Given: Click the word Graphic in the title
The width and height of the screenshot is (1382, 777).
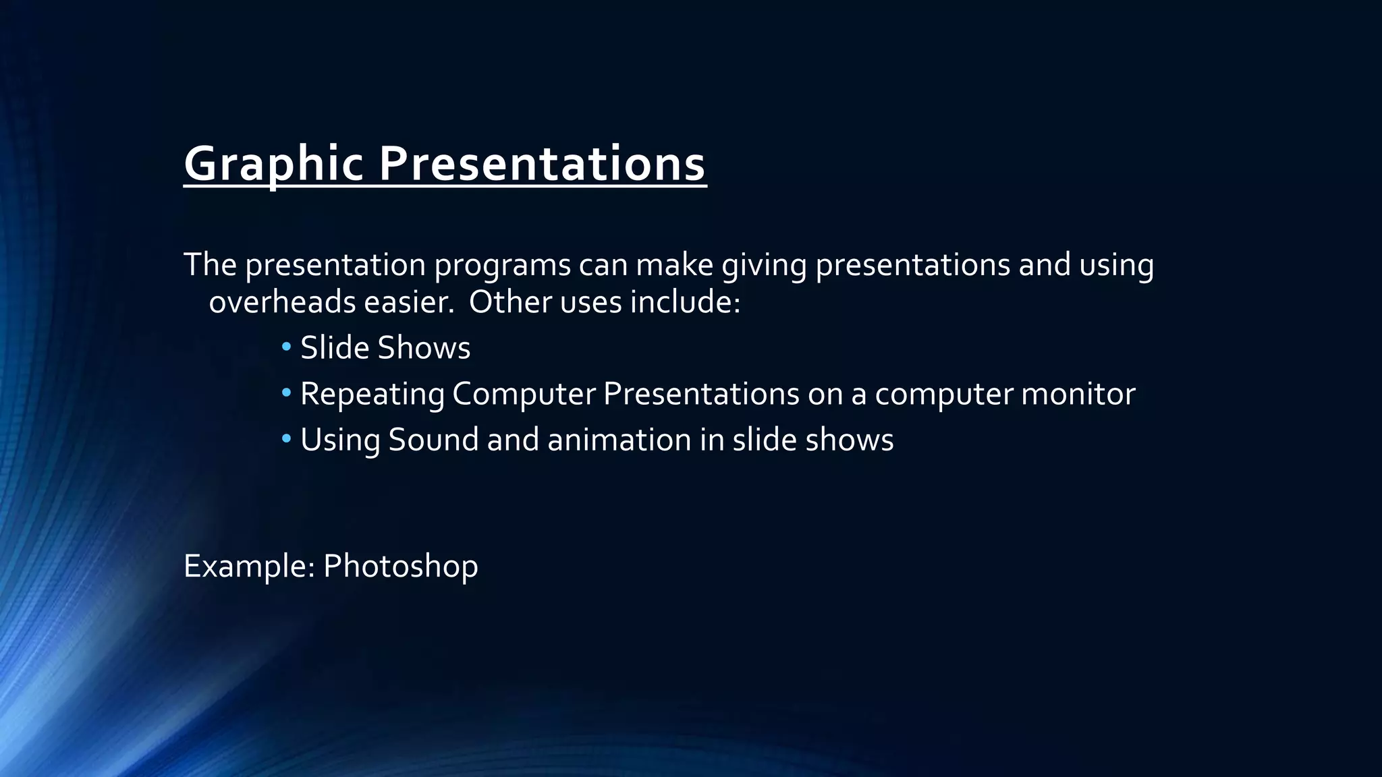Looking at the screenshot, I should tap(274, 164).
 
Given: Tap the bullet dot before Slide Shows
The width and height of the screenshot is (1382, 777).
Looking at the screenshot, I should tap(286, 347).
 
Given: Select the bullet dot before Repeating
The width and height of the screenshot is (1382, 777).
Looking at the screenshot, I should tap(286, 393).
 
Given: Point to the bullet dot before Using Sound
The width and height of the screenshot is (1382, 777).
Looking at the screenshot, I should tap(286, 438).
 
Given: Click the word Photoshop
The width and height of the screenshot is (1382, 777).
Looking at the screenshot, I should tap(400, 565).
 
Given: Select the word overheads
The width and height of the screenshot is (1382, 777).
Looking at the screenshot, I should tap(282, 301).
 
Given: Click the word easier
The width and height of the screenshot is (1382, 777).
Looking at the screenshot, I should tap(409, 301).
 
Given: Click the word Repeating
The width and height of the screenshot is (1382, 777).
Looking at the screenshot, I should tap(372, 394).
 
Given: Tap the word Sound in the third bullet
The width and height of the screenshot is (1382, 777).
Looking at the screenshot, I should tap(433, 440).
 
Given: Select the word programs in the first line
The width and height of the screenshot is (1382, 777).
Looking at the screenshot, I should tap(502, 265).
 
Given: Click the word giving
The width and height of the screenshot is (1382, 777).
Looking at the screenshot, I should tap(764, 265).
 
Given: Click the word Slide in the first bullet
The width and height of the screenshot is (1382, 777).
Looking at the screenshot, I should tap(335, 348).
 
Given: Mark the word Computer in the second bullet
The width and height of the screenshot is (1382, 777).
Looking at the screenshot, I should tap(524, 394).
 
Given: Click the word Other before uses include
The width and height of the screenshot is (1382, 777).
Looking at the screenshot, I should tap(510, 301).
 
